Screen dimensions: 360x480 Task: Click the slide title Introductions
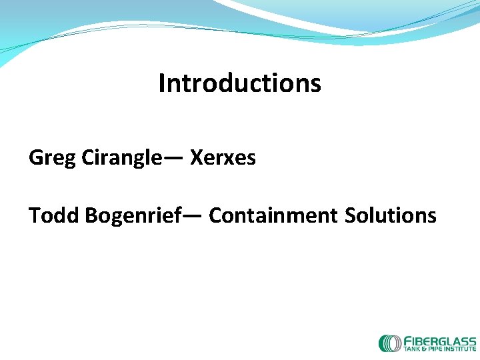pyautogui.click(x=239, y=83)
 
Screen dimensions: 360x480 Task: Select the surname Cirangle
pyautogui.click(x=121, y=158)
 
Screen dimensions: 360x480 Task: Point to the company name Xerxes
pyautogui.click(x=223, y=158)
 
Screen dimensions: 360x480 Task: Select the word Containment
pyautogui.click(x=273, y=215)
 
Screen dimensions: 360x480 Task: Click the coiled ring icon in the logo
pyautogui.click(x=389, y=343)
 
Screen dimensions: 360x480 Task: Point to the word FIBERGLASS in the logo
pyautogui.click(x=440, y=340)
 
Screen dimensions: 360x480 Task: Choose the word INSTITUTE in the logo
pyautogui.click(x=461, y=349)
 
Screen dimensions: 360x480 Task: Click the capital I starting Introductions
pyautogui.click(x=161, y=83)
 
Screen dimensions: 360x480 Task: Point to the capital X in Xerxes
pyautogui.click(x=197, y=158)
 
